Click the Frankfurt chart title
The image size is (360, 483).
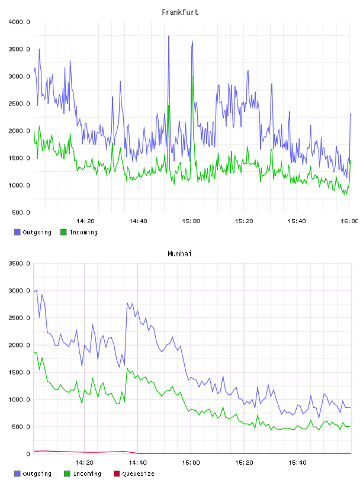pyautogui.click(x=180, y=12)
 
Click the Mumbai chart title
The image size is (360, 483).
pyautogui.click(x=179, y=253)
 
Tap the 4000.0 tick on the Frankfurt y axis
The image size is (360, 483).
pyautogui.click(x=19, y=22)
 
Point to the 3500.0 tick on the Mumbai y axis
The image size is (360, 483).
pyautogui.click(x=19, y=263)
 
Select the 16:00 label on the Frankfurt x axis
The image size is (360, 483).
pyautogui.click(x=349, y=221)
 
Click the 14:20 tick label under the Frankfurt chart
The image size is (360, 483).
pyautogui.click(x=85, y=221)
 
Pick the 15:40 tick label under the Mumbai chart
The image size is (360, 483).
pyautogui.click(x=297, y=462)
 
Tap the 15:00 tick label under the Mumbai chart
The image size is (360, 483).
pyautogui.click(x=191, y=462)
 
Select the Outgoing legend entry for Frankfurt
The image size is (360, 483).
pyautogui.click(x=33, y=232)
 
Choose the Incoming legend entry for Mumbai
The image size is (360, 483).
pyautogui.click(x=83, y=474)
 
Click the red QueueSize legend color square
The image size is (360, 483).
pyautogui.click(x=117, y=474)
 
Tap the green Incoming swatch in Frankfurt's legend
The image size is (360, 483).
pyautogui.click(x=63, y=232)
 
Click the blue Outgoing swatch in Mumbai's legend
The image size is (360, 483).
pyautogui.click(x=17, y=474)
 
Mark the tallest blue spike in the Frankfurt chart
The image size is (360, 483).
pyautogui.click(x=169, y=36)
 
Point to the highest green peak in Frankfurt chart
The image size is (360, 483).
pyautogui.click(x=192, y=76)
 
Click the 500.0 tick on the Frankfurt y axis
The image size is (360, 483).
pyautogui.click(x=21, y=212)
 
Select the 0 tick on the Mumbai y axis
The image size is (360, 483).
pyautogui.click(x=28, y=454)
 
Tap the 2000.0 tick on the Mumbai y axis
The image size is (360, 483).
pyautogui.click(x=19, y=345)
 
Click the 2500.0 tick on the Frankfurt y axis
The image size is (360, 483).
pyautogui.click(x=19, y=104)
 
